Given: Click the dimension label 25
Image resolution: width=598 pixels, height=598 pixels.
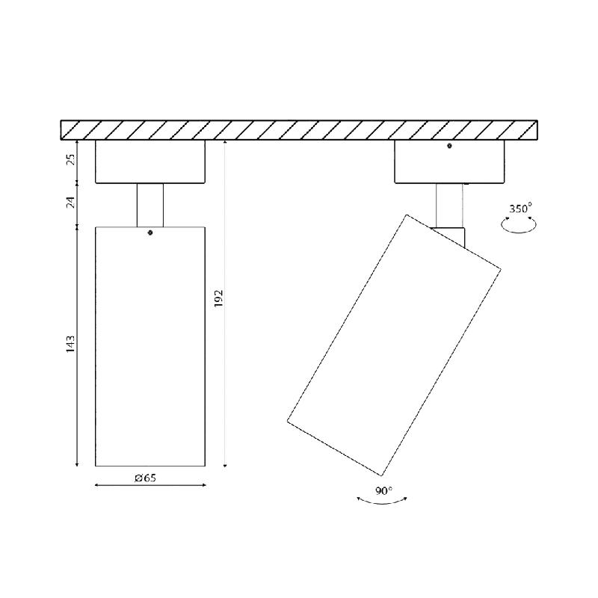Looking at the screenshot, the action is pyautogui.click(x=70, y=159).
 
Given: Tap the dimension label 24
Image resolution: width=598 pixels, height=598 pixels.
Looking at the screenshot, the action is pyautogui.click(x=70, y=202).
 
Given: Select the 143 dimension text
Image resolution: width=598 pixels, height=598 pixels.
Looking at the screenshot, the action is pyautogui.click(x=70, y=344).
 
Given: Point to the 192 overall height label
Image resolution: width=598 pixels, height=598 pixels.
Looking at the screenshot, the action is pyautogui.click(x=218, y=298).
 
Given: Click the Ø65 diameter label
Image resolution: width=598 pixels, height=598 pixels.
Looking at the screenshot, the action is pyautogui.click(x=145, y=478).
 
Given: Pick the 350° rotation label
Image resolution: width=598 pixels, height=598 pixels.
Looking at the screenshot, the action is pyautogui.click(x=520, y=209).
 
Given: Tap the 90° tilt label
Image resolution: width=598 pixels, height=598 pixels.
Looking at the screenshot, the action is pyautogui.click(x=383, y=491).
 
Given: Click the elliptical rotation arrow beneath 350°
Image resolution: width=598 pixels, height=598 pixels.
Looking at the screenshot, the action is pyautogui.click(x=519, y=231).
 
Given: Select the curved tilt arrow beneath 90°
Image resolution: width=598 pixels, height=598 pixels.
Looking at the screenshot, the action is pyautogui.click(x=382, y=503).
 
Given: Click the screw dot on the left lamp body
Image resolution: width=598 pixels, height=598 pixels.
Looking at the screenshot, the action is pyautogui.click(x=150, y=232).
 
